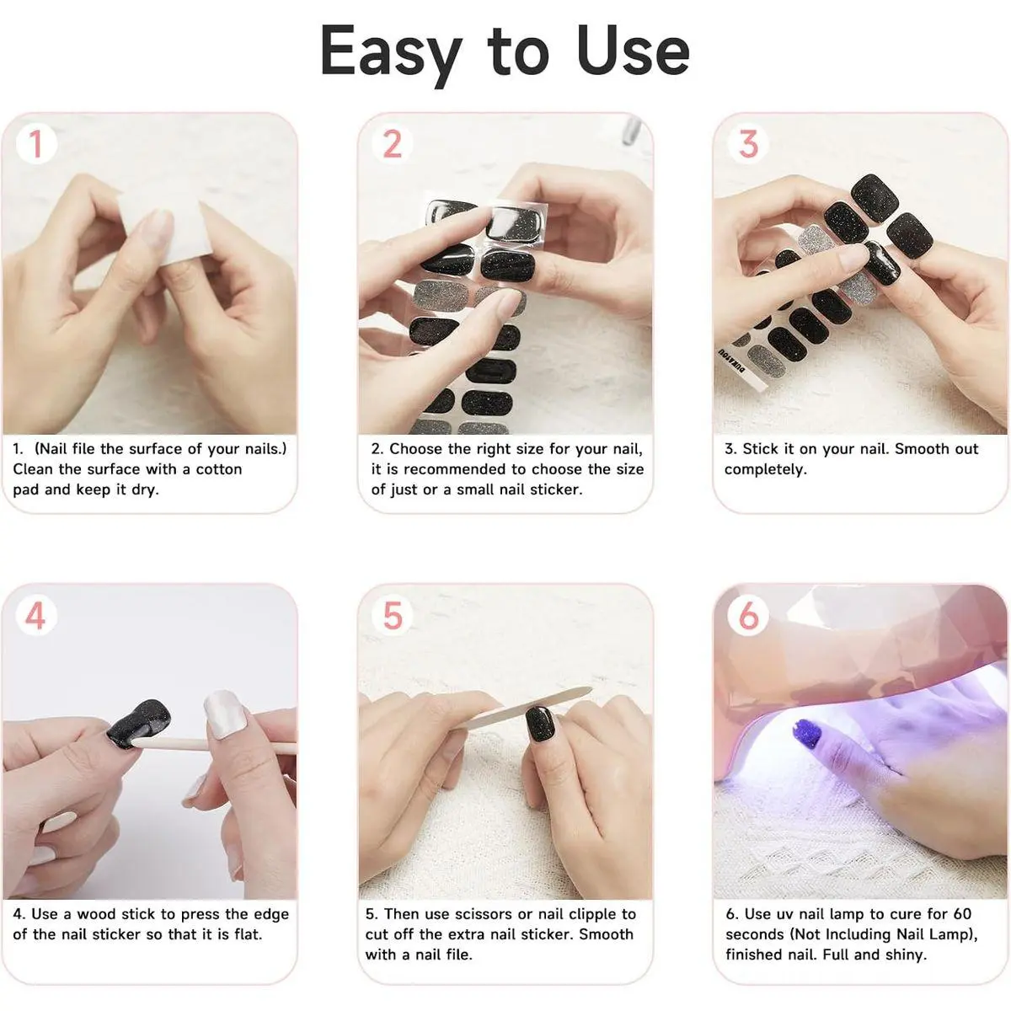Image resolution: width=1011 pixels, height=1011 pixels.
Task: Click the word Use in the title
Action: click(x=632, y=51)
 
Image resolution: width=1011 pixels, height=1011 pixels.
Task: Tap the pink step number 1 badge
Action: click(x=35, y=144)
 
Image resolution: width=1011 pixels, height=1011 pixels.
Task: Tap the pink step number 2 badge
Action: click(x=392, y=144)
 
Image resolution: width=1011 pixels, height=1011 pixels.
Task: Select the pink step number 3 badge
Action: click(x=748, y=144)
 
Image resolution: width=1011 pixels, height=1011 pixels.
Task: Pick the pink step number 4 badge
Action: click(x=35, y=615)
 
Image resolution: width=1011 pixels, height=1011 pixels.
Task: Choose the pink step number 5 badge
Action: click(x=392, y=615)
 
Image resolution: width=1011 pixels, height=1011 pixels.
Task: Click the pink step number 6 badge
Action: click(x=748, y=615)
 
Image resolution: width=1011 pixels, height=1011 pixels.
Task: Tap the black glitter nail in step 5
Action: click(x=539, y=730)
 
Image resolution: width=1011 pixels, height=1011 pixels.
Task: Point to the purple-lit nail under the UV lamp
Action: click(x=807, y=732)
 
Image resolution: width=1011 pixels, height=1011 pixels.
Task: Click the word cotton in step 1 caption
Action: click(x=219, y=469)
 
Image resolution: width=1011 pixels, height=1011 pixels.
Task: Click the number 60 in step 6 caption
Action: click(x=962, y=914)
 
